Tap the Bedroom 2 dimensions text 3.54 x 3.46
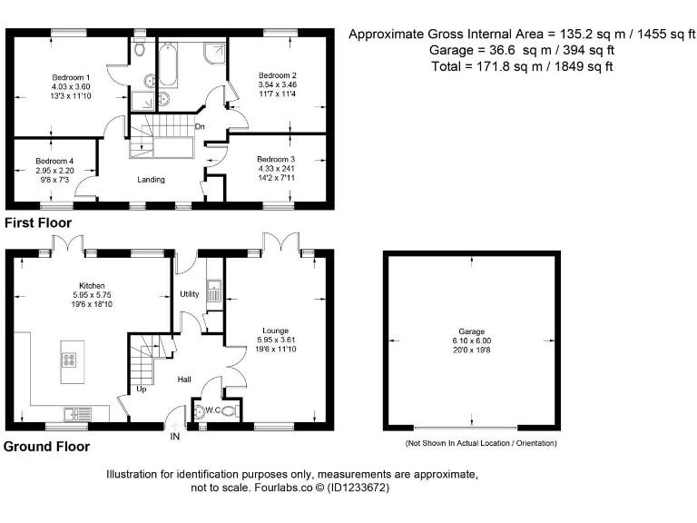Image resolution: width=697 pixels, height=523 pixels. click(x=277, y=84)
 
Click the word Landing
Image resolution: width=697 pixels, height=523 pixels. click(x=151, y=180)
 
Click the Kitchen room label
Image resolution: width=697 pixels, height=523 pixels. click(x=93, y=285)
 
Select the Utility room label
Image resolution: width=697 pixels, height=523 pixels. click(x=189, y=294)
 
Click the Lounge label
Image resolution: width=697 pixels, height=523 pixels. click(x=276, y=331)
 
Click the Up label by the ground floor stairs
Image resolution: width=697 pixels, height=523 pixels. click(x=142, y=389)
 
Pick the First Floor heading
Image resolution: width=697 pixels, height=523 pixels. click(x=38, y=222)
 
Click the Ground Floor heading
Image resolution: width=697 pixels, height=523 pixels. click(x=46, y=447)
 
